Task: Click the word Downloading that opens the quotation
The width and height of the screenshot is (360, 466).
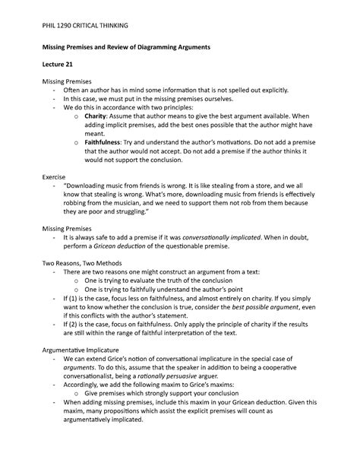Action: [87, 185]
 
